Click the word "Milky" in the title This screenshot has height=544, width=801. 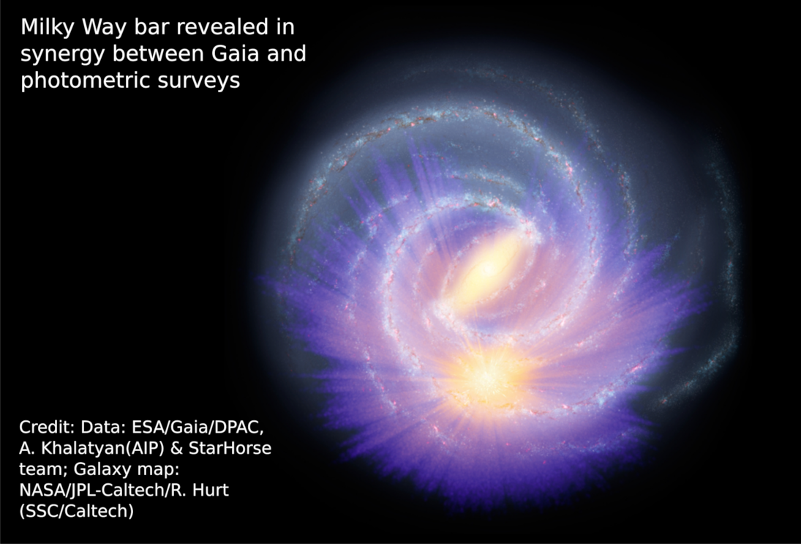click(48, 27)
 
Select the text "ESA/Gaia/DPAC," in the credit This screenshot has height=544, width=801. click(198, 427)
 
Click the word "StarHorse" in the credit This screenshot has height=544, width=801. click(230, 448)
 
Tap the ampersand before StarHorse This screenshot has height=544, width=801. click(177, 448)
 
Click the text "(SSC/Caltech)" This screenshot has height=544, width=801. click(77, 511)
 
